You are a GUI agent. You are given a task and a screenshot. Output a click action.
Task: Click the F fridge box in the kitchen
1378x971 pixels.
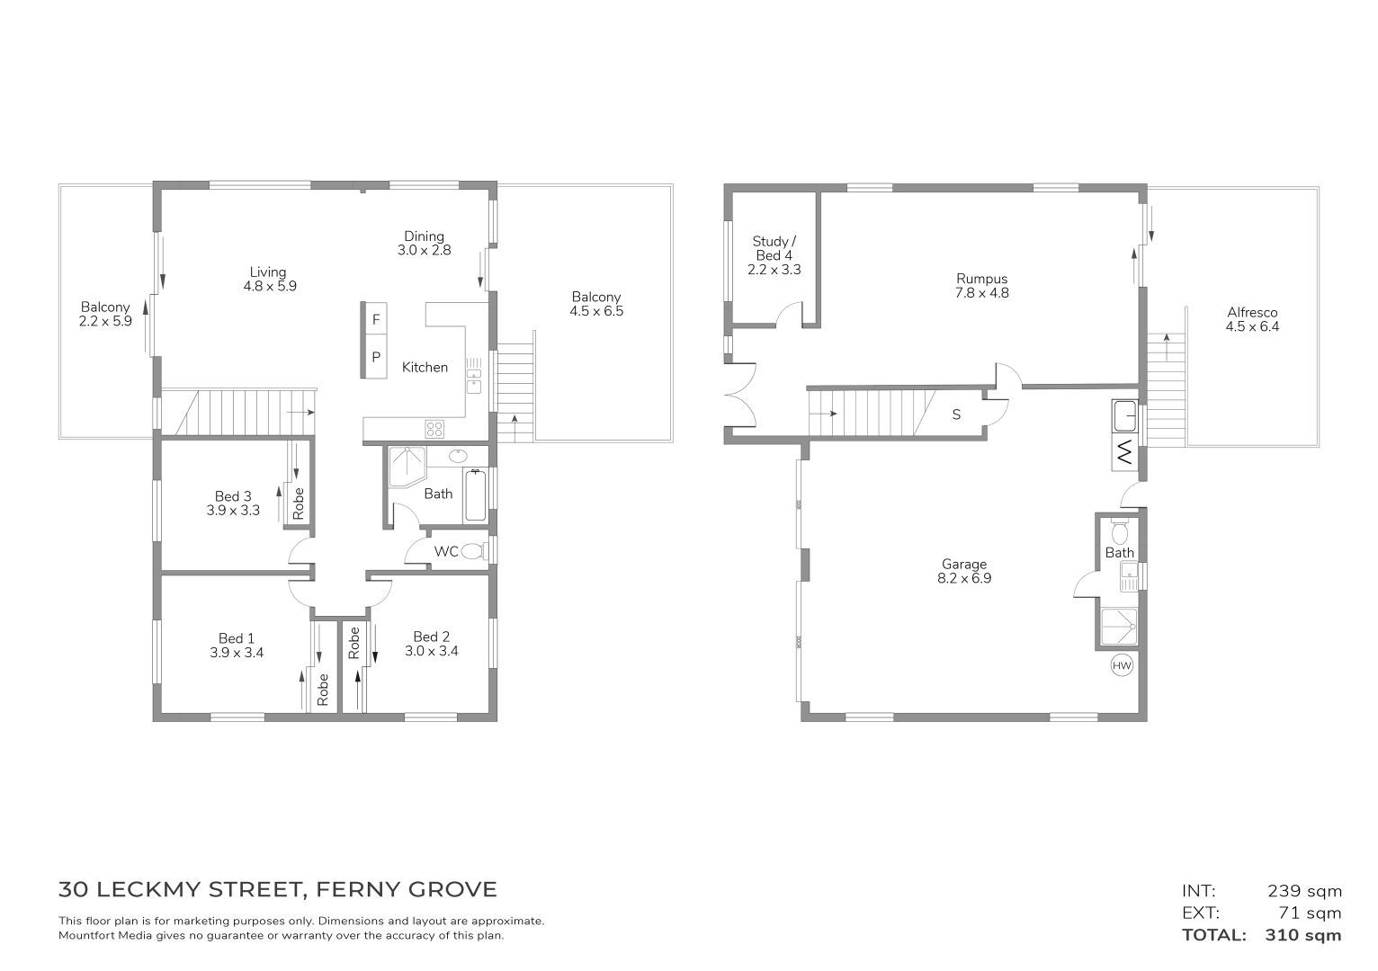(376, 319)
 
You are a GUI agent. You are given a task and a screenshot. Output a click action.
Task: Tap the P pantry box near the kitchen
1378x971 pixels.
(376, 357)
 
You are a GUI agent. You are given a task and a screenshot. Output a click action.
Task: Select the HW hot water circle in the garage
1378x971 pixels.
(1122, 665)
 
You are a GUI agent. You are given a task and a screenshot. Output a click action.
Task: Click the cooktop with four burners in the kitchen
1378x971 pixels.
(434, 429)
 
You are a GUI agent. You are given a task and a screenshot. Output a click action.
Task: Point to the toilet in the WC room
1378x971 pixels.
(473, 551)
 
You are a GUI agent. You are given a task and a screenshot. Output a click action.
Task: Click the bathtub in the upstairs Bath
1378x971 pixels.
(475, 495)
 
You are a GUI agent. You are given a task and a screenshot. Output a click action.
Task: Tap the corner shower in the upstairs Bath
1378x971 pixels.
(407, 467)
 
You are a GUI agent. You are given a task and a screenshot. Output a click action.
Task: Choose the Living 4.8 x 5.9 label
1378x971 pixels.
(270, 279)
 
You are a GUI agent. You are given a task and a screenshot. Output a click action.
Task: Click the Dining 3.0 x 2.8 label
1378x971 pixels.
(424, 243)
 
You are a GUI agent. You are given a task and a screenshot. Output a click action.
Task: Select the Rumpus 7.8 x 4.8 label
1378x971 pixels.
(982, 286)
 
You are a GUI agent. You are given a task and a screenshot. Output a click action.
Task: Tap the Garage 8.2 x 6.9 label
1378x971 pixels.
(964, 571)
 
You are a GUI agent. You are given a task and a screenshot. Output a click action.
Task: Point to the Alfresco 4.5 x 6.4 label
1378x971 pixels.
(1252, 320)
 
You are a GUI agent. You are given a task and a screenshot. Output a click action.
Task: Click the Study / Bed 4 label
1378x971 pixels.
(774, 248)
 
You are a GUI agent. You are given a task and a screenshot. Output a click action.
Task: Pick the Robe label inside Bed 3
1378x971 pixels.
(299, 503)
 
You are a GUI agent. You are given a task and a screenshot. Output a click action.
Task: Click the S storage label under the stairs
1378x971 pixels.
(957, 414)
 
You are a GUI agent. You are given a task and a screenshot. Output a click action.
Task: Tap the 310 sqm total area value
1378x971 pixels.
(1303, 935)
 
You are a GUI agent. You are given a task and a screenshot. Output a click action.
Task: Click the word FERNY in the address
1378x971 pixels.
(358, 890)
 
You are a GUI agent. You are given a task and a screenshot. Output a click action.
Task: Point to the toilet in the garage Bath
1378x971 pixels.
(1120, 530)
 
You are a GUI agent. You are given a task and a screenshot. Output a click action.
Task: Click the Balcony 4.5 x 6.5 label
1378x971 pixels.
(596, 305)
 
